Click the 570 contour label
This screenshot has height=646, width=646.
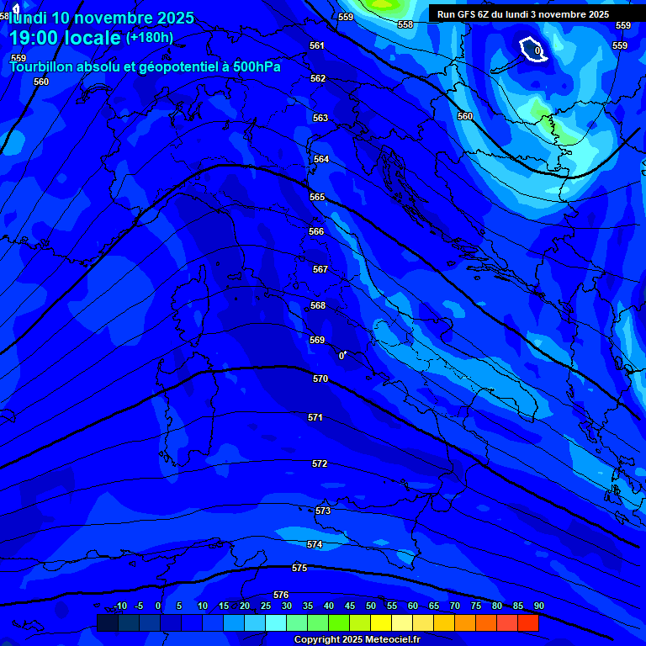320,379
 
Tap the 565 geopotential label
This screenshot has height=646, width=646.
317,197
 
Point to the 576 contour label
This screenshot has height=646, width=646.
281,595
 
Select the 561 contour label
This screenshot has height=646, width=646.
317,46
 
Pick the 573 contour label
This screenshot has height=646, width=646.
323,511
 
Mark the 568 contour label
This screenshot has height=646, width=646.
318,305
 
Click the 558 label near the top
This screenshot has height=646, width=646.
405,24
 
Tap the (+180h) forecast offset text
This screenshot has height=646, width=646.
150,37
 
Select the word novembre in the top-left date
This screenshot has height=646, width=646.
111,18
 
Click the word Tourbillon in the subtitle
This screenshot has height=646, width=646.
42,67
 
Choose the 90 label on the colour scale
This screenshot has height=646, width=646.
538,606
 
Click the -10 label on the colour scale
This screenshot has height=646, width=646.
119,606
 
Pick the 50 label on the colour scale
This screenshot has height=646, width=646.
371,606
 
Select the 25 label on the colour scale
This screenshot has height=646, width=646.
266,606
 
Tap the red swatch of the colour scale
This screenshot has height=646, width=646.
528,622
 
